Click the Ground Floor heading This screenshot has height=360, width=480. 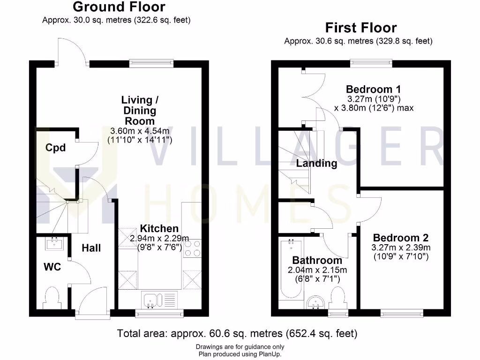point(119,7)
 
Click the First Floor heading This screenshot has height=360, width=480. point(360,28)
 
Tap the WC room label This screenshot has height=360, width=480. point(52,268)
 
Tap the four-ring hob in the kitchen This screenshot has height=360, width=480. point(192,248)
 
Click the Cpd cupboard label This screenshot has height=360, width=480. point(55,148)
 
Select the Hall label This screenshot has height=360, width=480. point(91,248)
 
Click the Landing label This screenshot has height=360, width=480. point(316,164)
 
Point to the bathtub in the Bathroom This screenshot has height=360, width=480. point(291,269)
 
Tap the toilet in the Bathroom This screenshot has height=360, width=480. point(337,297)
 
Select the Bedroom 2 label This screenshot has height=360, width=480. point(401,238)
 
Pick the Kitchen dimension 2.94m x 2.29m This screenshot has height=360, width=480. point(159,239)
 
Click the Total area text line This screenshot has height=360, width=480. point(237,334)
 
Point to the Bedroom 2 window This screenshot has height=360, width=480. point(401,313)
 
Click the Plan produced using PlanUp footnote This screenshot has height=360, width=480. point(240,354)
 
